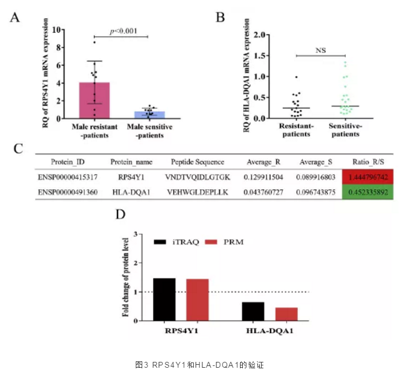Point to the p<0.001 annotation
123,31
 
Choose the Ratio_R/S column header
367,161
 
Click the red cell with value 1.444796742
367,176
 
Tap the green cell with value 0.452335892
367,191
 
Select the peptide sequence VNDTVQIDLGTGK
198,176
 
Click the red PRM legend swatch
214,241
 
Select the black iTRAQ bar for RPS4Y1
164,299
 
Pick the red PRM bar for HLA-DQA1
287,314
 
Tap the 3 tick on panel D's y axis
136,235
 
